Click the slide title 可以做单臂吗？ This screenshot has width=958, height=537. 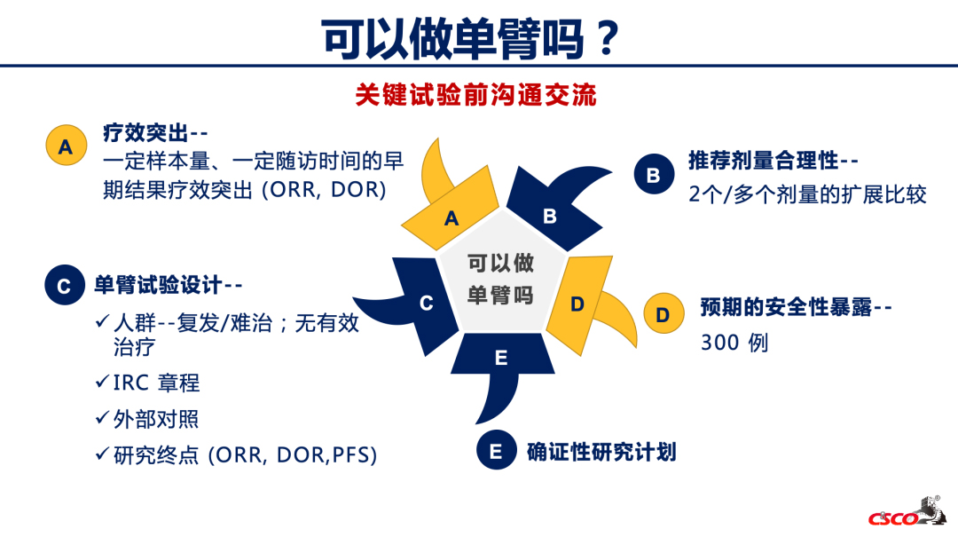[471, 39]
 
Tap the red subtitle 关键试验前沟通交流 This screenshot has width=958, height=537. [475, 95]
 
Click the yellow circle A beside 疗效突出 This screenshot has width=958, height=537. [66, 146]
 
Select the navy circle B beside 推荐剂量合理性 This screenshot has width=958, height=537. [653, 174]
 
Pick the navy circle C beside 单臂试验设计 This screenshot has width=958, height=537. [64, 285]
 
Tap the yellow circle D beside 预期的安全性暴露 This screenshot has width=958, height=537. [664, 313]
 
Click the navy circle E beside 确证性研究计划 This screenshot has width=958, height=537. [496, 450]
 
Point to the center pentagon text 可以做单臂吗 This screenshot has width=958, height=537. [500, 279]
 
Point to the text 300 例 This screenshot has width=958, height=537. [734, 343]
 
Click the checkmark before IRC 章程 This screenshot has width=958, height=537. [102, 382]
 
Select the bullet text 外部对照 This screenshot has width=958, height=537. [156, 419]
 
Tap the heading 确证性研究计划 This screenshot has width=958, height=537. [601, 452]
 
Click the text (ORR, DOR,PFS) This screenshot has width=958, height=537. [292, 455]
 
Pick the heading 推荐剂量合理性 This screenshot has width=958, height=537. [763, 161]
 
